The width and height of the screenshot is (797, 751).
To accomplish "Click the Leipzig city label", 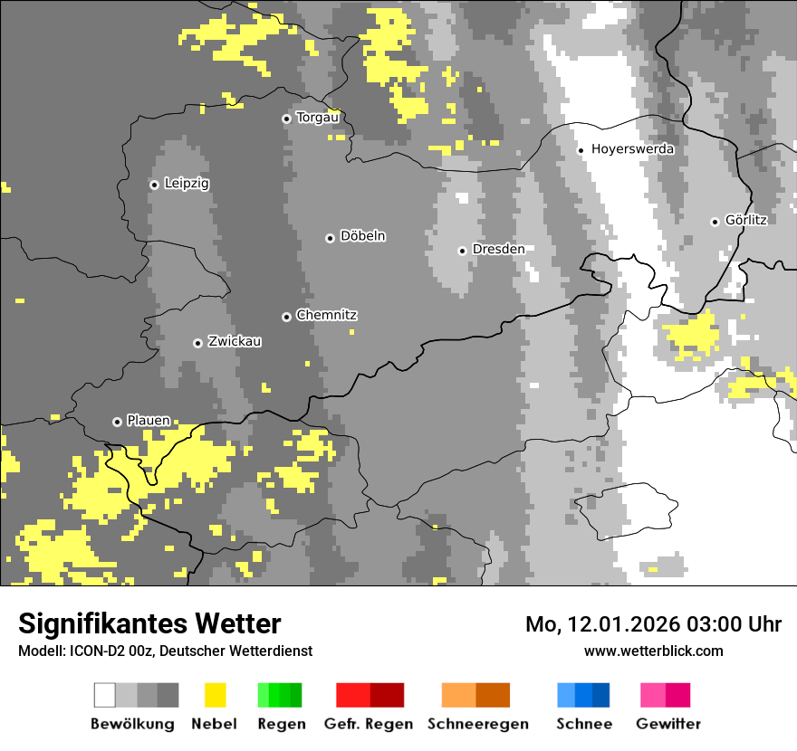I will click(x=187, y=184).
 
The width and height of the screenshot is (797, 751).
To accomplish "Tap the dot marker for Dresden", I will click(x=462, y=251).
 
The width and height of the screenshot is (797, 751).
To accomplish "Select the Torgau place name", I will click(x=317, y=118).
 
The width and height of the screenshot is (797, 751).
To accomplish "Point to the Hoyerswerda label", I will click(x=632, y=149).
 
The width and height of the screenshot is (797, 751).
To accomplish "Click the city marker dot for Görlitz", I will click(x=715, y=222).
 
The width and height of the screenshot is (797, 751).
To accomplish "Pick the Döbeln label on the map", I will click(x=362, y=236).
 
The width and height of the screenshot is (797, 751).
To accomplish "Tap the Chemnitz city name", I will click(x=326, y=316).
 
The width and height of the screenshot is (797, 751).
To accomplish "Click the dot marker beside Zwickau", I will click(x=197, y=343).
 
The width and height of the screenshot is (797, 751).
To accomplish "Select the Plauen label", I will click(x=148, y=421).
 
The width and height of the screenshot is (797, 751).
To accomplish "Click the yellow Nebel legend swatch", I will click(x=215, y=695).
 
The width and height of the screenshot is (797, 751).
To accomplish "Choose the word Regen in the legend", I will click(x=281, y=724).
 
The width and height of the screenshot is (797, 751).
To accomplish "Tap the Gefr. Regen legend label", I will click(x=369, y=724).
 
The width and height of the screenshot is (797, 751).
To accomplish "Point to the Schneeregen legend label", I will click(x=478, y=724).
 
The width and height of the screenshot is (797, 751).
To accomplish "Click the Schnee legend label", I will click(x=584, y=724).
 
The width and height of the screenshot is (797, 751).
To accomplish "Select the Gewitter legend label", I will click(x=667, y=724).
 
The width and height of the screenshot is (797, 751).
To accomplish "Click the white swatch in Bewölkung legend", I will click(x=105, y=695).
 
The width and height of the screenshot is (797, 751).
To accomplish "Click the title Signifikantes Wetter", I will click(x=149, y=624).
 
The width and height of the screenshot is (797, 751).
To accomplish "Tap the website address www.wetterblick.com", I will click(x=653, y=651).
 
